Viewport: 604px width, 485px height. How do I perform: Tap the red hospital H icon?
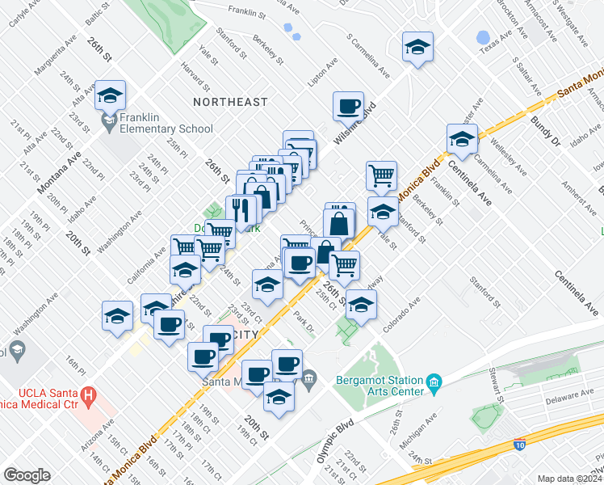point(90,398)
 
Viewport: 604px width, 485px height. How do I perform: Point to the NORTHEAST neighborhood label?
point(230,102)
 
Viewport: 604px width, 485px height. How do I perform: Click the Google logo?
point(27,475)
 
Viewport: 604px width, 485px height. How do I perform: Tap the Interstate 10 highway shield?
point(521,445)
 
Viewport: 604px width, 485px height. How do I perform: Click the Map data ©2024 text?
point(568,479)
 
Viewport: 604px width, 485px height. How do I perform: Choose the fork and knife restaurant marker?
point(241,210)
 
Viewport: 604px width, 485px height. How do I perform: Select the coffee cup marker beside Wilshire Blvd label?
point(349,106)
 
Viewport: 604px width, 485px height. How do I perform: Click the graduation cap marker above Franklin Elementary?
point(109,96)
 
